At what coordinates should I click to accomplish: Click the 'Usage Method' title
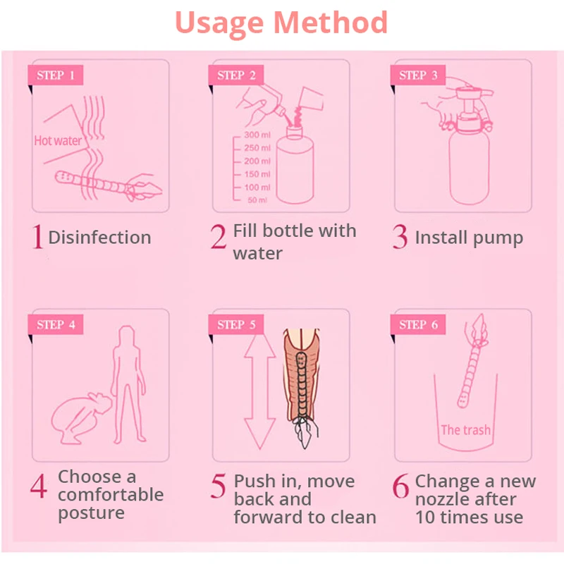click(281, 23)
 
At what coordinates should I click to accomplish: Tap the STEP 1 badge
click(56, 75)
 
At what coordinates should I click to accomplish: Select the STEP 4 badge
click(56, 324)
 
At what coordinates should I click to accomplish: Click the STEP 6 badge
click(418, 324)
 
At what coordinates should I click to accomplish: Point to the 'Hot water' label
click(58, 140)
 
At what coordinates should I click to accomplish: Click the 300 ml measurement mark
click(257, 135)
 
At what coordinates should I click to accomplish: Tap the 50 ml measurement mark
click(257, 200)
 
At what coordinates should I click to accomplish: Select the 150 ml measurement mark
click(257, 174)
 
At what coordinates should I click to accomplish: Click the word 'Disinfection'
click(99, 238)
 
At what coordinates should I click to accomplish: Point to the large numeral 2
click(219, 236)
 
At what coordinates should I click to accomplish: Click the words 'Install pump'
click(469, 238)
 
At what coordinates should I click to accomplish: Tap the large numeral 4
click(39, 486)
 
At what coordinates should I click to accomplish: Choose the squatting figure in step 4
click(81, 418)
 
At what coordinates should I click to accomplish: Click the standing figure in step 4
click(128, 384)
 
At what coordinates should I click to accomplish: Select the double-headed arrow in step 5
click(259, 392)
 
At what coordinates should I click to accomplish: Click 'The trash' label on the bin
click(465, 430)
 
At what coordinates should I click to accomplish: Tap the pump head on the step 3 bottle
click(470, 108)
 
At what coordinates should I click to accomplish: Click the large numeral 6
click(400, 486)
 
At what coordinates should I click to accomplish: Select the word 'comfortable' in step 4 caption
click(111, 495)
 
